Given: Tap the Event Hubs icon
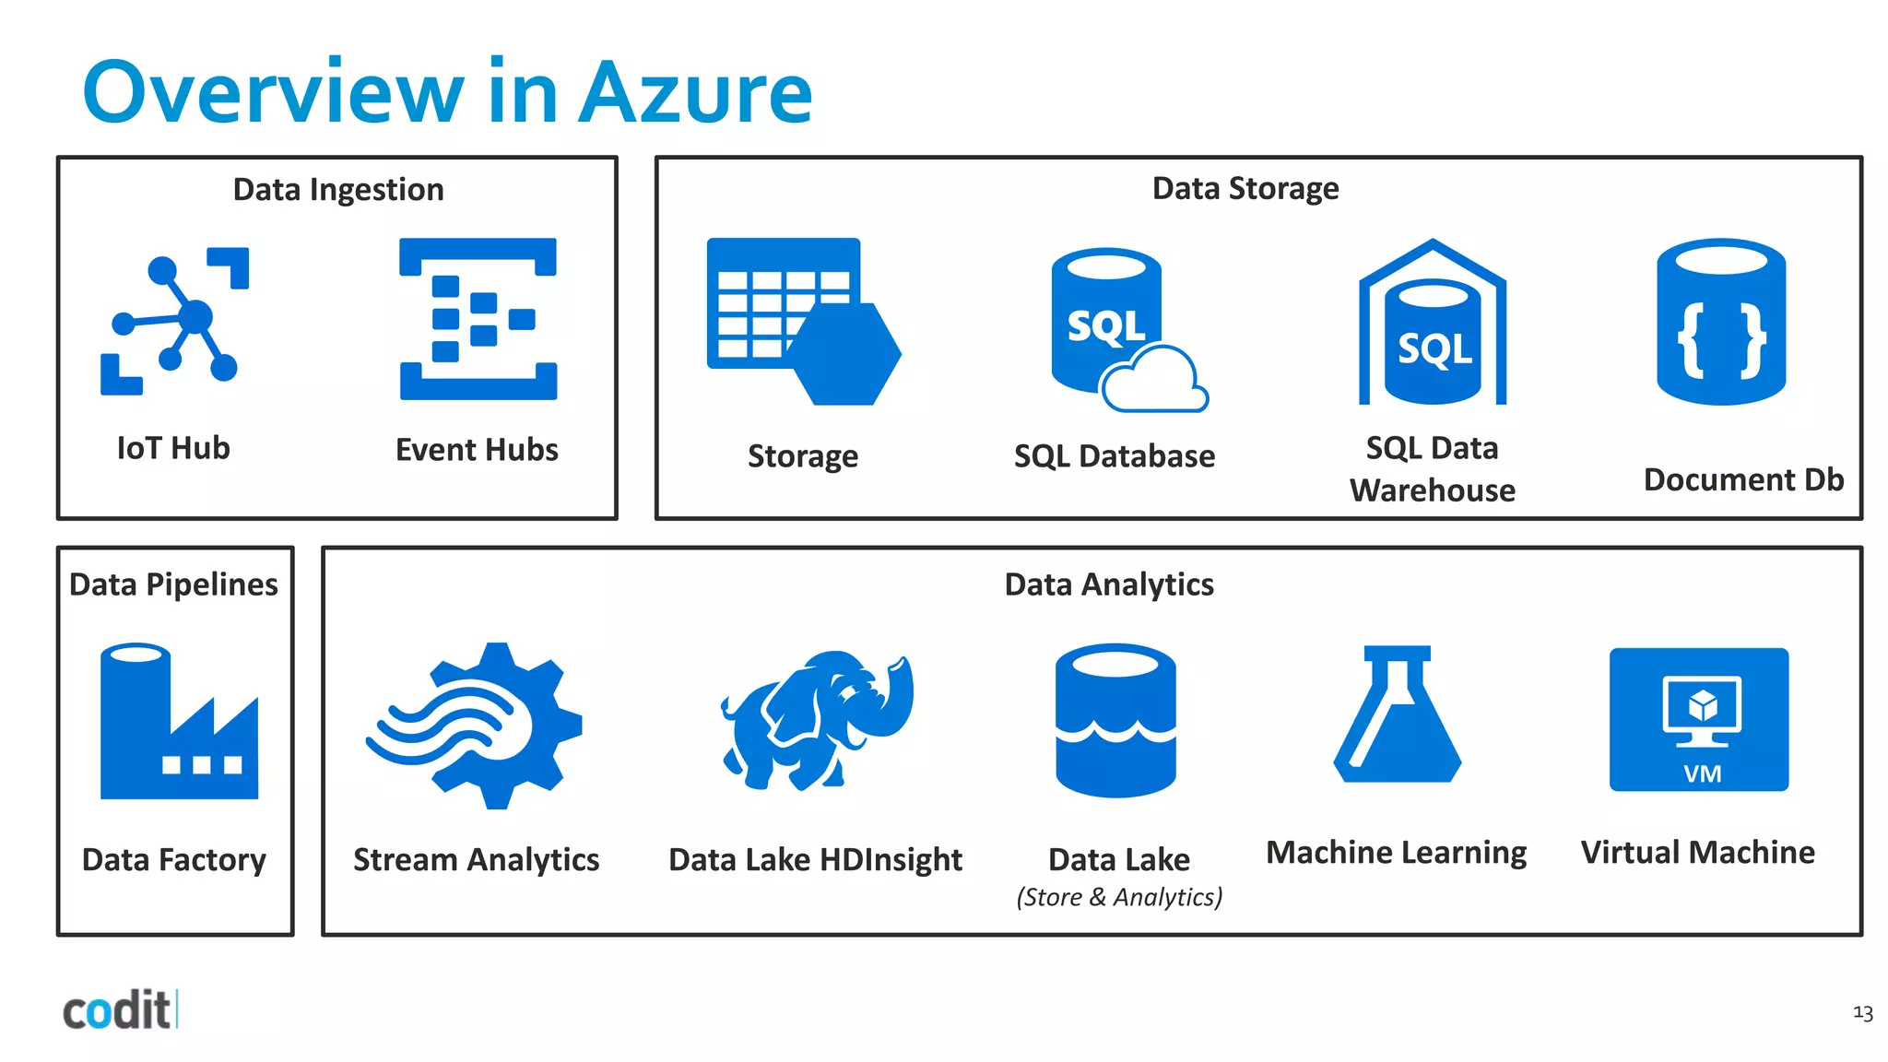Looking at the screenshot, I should pos(478,319).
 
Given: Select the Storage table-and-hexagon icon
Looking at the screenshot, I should pos(802,321).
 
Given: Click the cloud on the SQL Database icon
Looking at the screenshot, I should pos(1154,380).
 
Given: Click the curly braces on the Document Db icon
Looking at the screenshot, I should pos(1721,340).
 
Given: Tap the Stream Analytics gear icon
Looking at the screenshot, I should pos(476,726).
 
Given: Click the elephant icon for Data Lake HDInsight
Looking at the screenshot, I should pos(817,719).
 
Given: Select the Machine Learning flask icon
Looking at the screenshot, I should pos(1398,714).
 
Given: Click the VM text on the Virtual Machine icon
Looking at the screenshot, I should pos(1702,773).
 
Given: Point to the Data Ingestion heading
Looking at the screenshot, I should pos(338,190).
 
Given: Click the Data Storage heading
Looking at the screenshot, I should pos(1245,189).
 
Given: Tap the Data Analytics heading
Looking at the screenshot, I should pos(1109,584).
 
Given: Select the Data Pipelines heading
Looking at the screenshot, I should pos(174,584).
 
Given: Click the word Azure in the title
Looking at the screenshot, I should pos(695,93).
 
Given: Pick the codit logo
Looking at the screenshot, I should pos(118,1010).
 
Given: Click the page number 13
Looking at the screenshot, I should pos(1862,1013).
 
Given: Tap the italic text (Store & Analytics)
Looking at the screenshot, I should pos(1119,897).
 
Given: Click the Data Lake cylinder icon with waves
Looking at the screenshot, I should pos(1115,720).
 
